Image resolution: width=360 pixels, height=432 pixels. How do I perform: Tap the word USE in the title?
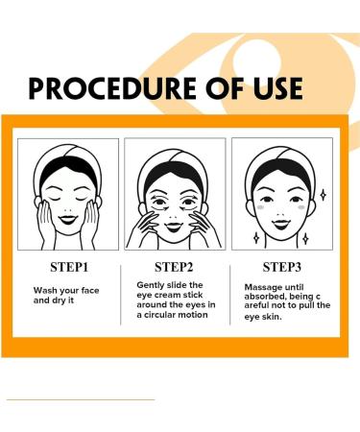click(x=271, y=87)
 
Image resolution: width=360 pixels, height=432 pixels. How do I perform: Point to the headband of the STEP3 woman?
click(x=288, y=155)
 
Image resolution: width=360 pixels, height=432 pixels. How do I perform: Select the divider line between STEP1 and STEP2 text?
click(x=124, y=293)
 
